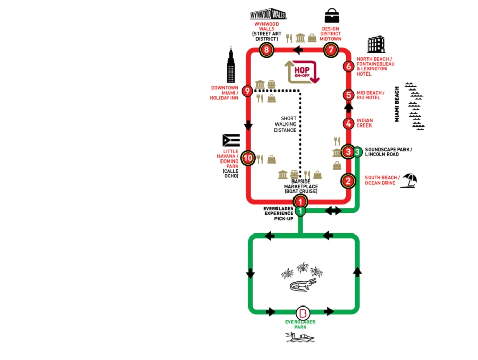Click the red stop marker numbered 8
pos(266,50)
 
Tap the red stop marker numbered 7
pos(331,50)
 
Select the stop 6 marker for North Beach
pos(348,67)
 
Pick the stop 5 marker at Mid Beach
pos(348,95)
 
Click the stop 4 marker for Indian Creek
pos(348,123)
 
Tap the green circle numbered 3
pos(357,152)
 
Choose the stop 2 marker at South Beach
pos(348,181)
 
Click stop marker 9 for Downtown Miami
pos(247,92)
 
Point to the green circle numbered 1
pos(300,211)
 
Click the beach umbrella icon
pos(409,180)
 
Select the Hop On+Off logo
pos(303,71)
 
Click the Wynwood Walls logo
pos(268,14)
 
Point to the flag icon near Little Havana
pos(231,140)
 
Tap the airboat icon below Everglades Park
pos(300,337)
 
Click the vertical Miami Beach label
pos(397,104)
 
